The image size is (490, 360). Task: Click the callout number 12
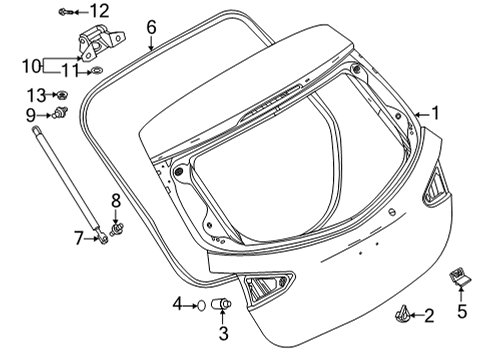point(99,11)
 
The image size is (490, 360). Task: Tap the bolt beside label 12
point(65,11)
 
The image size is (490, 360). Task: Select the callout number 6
point(151,26)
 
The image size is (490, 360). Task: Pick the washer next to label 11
point(98,71)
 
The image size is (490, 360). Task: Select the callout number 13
point(36,94)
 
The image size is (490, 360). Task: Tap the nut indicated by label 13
point(61,95)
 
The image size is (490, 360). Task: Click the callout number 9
point(31,114)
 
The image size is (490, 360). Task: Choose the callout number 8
point(116,201)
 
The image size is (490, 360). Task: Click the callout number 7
point(80,237)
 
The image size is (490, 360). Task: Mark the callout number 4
point(177,302)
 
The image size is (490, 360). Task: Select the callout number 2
point(429,316)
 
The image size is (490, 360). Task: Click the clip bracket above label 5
point(461,276)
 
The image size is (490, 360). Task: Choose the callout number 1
point(435,114)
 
